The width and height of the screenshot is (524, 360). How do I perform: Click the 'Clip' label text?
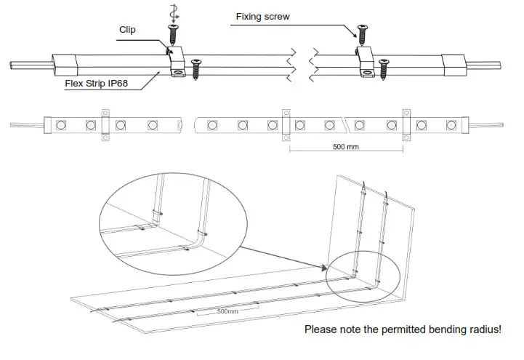tap(127, 30)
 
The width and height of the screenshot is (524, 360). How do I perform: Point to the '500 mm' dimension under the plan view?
tap(346, 146)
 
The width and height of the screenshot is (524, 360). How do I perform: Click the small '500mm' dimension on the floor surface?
tap(227, 311)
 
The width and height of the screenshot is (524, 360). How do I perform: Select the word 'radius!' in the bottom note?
tap(484, 329)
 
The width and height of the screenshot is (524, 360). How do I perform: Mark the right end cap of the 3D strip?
tap(454, 65)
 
